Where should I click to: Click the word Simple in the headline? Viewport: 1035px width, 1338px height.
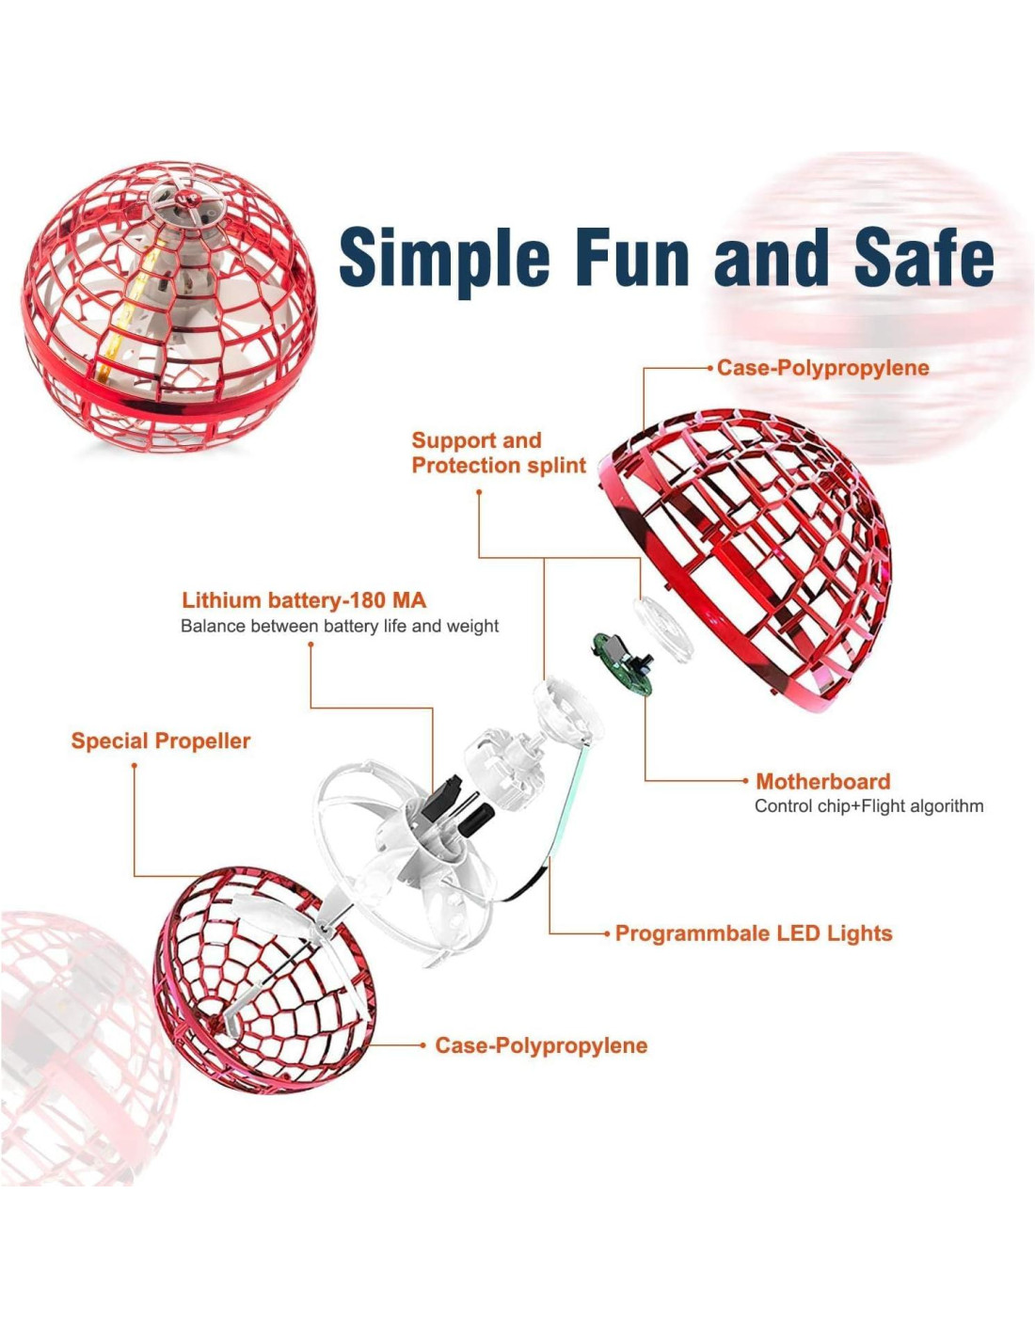[x=444, y=257]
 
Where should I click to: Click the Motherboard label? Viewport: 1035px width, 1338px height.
[x=822, y=781]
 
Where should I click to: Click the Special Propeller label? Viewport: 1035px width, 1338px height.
[x=161, y=741]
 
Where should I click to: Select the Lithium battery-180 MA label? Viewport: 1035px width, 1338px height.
[x=304, y=600]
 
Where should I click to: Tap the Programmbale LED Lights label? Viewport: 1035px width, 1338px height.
[x=753, y=933]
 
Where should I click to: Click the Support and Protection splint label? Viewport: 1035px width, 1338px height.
[x=499, y=453]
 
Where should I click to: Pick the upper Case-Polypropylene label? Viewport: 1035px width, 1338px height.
[x=822, y=368]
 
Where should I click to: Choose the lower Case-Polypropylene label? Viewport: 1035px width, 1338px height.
[x=541, y=1045]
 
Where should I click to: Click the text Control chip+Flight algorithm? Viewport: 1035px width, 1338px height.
[x=868, y=806]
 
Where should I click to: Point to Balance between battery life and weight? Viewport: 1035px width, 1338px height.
[x=340, y=627]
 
